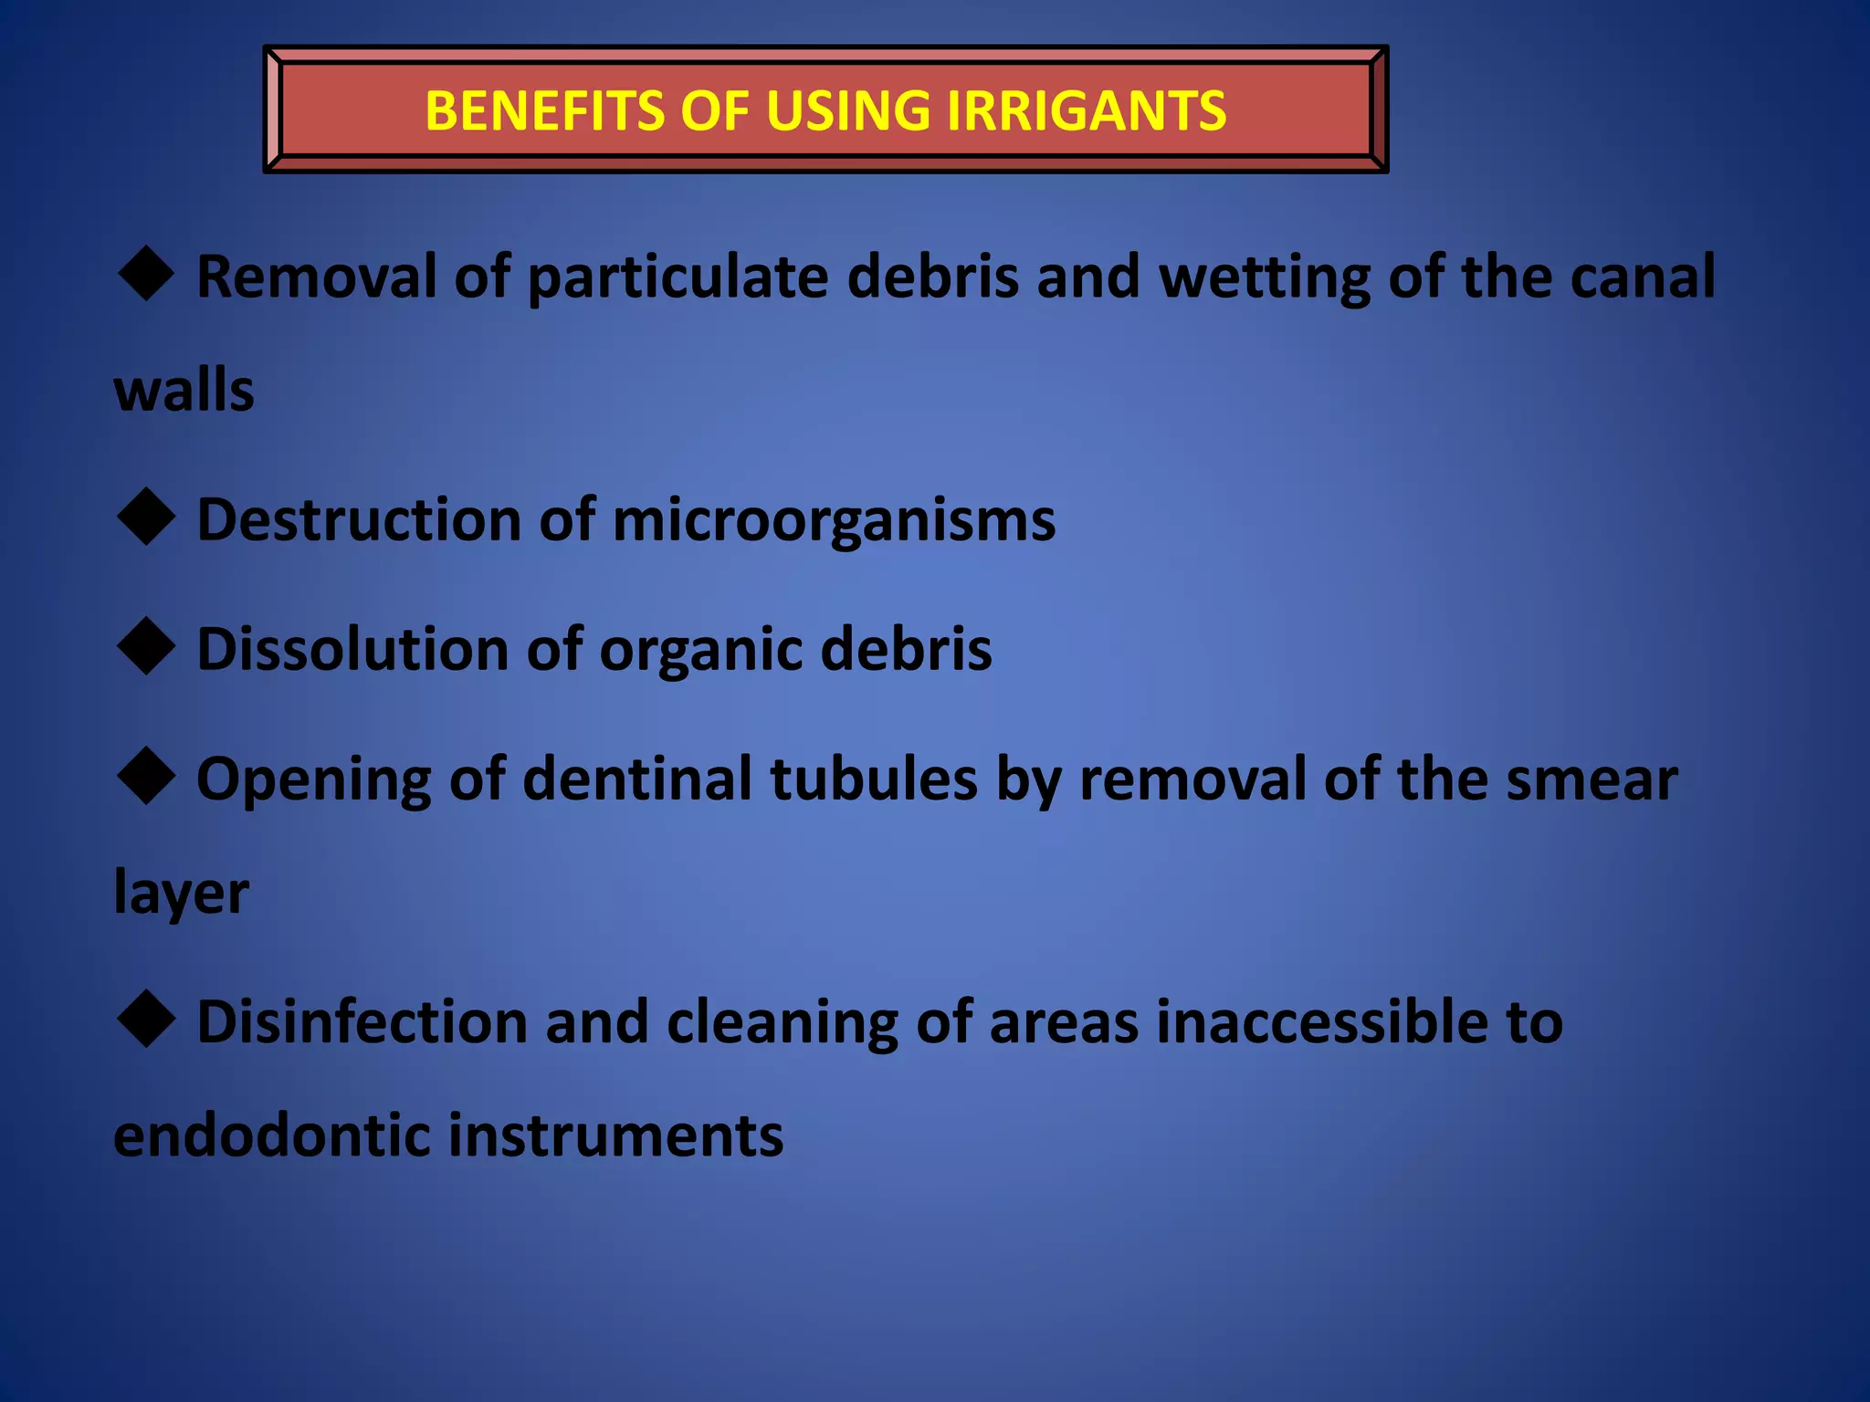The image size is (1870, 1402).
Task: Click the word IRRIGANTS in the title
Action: (1086, 111)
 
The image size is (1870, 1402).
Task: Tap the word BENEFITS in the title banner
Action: (544, 111)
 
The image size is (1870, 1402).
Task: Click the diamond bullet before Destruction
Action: (146, 517)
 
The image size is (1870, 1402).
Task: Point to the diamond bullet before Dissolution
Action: (146, 646)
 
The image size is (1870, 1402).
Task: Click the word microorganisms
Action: (833, 520)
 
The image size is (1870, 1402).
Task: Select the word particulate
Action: (678, 277)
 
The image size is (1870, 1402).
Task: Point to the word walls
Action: (184, 391)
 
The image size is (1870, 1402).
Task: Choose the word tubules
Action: (874, 779)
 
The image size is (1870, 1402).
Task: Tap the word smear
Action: (1591, 781)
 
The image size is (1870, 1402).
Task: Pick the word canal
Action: (1643, 277)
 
